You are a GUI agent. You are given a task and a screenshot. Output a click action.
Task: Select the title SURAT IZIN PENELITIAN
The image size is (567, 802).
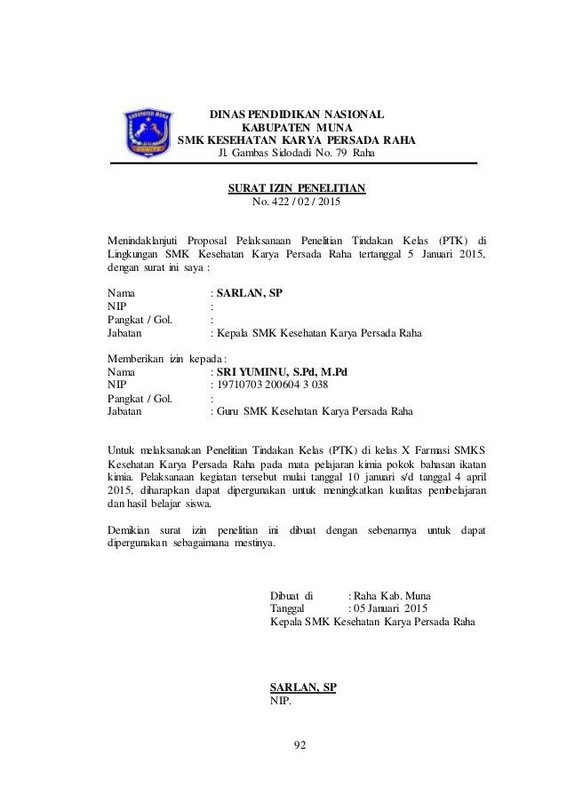coord(297,188)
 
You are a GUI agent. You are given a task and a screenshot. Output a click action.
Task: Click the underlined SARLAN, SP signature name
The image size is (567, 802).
coord(302,687)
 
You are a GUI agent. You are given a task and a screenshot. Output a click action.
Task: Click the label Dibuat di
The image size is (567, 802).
coord(291,595)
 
